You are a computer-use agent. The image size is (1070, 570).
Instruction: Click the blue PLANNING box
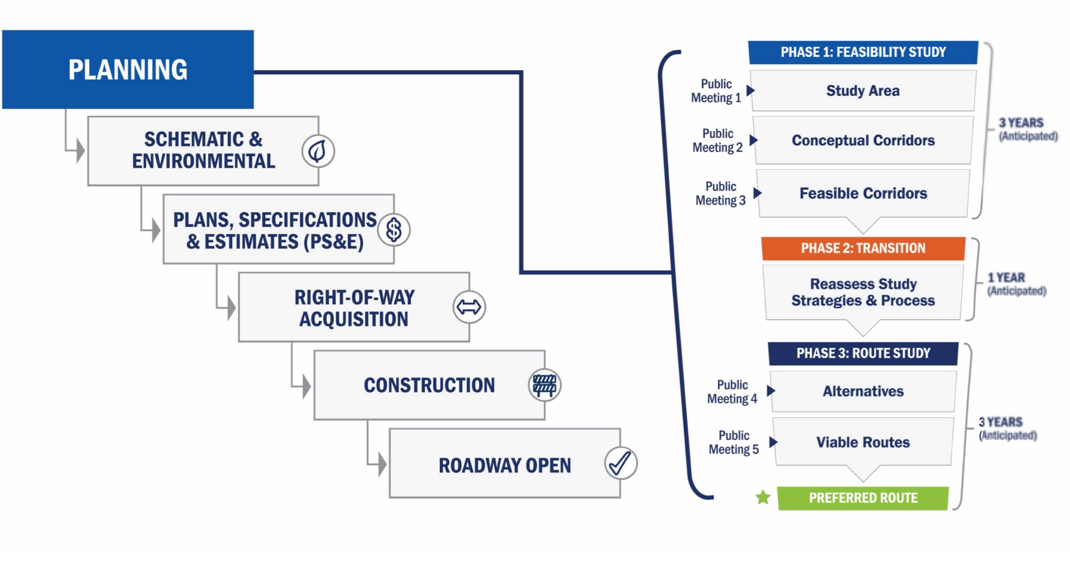coord(128,70)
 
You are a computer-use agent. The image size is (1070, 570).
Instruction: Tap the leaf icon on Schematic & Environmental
coord(318,151)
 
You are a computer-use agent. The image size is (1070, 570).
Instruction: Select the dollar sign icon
coord(394,230)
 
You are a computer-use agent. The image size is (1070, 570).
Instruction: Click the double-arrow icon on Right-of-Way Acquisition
coord(469,307)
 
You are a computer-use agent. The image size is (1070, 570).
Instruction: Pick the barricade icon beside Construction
coord(545,385)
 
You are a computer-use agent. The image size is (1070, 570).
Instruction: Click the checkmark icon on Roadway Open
coord(621,463)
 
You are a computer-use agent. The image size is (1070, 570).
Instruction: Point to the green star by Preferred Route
coord(763,498)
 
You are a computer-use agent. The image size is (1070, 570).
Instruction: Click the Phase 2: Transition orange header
coord(863,249)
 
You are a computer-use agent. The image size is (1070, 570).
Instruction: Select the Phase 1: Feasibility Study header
coord(863,52)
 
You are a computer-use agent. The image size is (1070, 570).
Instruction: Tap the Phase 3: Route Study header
coord(863,353)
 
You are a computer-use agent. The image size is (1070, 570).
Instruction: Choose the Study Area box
coord(863,91)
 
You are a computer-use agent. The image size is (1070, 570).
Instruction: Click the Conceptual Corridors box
coord(863,140)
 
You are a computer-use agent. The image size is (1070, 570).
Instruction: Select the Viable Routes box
coord(863,442)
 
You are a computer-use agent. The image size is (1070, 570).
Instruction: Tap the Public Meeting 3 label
coord(720,194)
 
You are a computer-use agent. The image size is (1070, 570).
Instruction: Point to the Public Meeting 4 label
coord(732,392)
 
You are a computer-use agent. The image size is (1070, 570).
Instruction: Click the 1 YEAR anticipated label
coord(1016,284)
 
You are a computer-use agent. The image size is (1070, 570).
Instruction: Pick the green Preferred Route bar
coord(863,498)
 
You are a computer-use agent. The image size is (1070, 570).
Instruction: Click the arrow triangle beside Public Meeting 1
coord(751,90)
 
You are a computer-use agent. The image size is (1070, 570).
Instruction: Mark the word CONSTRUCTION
coord(429,386)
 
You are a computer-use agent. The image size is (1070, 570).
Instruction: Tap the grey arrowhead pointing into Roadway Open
coord(382,464)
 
